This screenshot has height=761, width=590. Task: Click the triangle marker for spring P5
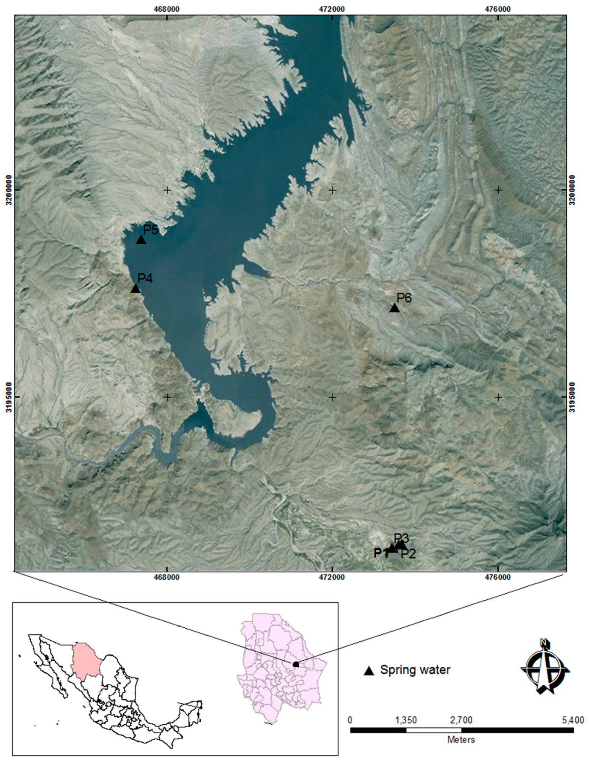(141, 240)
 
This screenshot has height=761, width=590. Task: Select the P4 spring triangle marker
(135, 288)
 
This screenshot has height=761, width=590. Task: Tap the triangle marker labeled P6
(394, 308)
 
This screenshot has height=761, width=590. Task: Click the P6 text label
(404, 297)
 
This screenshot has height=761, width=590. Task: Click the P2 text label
(408, 554)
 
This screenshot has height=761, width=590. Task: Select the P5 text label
(151, 229)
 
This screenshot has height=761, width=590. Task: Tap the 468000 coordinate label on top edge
(167, 9)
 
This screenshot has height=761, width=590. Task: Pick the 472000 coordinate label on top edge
(332, 9)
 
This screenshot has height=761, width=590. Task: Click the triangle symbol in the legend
(368, 671)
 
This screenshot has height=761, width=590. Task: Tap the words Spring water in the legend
(415, 670)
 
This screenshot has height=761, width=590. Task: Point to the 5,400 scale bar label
(573, 720)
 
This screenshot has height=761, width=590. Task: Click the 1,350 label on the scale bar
(406, 720)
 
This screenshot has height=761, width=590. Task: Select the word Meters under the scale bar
(461, 740)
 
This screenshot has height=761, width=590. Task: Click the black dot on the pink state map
(296, 664)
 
